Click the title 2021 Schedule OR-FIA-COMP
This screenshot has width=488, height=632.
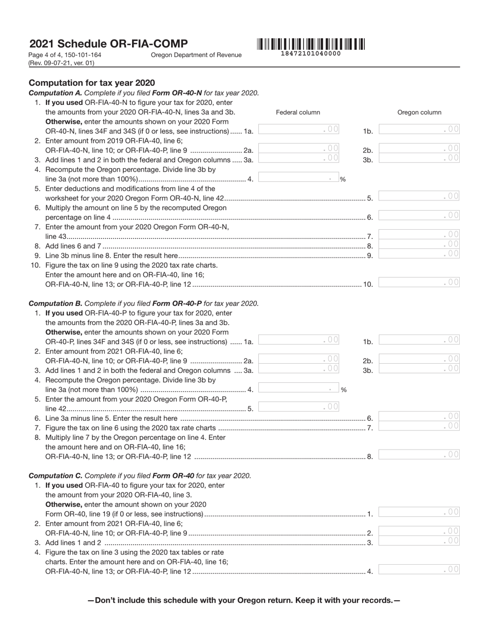pyautogui.click(x=108, y=44)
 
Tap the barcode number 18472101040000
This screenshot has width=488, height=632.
pyautogui.click(x=311, y=53)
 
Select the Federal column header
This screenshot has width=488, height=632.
pyautogui.click(x=298, y=113)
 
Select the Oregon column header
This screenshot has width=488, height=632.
pyautogui.click(x=419, y=113)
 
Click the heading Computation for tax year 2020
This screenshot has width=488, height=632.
pyautogui.click(x=92, y=83)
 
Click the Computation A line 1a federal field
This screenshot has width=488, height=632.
pyautogui.click(x=299, y=129)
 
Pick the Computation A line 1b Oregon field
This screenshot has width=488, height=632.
pyautogui.click(x=419, y=129)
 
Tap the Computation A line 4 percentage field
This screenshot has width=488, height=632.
pyautogui.click(x=299, y=178)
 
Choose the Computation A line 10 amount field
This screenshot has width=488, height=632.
pyautogui.click(x=419, y=282)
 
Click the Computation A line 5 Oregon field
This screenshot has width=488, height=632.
pyautogui.click(x=419, y=196)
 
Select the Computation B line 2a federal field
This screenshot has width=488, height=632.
pyautogui.click(x=299, y=359)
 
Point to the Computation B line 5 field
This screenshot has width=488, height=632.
pyautogui.click(x=299, y=407)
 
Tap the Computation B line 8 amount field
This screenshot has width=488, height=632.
pyautogui.click(x=419, y=455)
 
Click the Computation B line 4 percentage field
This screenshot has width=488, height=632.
pyautogui.click(x=299, y=388)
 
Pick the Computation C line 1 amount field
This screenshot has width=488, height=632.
pyautogui.click(x=419, y=512)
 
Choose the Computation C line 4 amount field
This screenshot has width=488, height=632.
pyautogui.click(x=419, y=569)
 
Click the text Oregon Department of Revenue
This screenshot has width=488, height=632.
pyautogui.click(x=196, y=55)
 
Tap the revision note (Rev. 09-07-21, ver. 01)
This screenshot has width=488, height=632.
pyautogui.click(x=62, y=63)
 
